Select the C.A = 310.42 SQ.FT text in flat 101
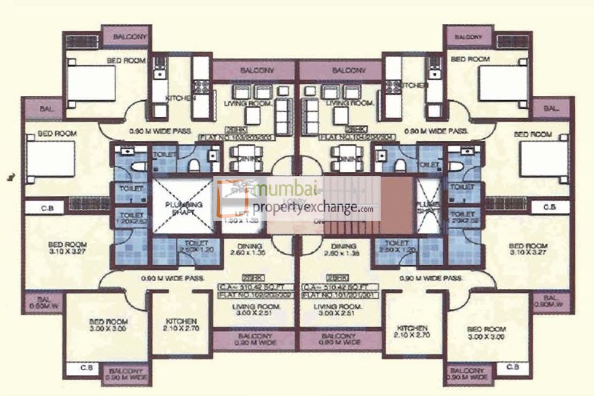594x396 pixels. pyautogui.click(x=339, y=287)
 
